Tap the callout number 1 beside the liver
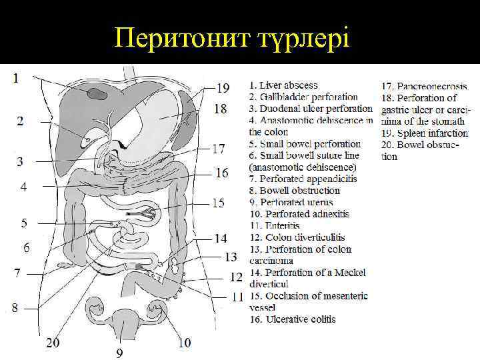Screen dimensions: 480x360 point(15,77)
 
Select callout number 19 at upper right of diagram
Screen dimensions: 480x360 point(223,87)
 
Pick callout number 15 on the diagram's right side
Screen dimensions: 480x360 point(218,203)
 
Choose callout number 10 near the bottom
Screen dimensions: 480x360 point(184,343)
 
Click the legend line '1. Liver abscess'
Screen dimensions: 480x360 point(283,85)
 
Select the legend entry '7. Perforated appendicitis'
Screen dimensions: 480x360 point(303,179)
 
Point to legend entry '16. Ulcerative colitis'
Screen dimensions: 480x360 point(293,319)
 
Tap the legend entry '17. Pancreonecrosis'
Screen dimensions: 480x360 point(424,86)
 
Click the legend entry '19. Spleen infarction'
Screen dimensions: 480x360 point(425,133)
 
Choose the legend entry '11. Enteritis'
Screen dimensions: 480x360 point(275,225)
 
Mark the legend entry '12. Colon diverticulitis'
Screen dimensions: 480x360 point(297,237)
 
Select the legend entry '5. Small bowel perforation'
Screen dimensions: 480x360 point(305,143)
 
